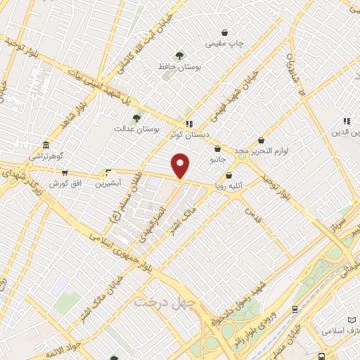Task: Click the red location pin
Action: tap(181, 165)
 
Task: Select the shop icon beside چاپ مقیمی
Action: tap(225, 32)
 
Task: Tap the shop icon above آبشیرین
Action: tap(108, 172)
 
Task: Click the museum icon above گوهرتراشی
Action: tap(46, 145)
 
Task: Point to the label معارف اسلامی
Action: tap(340, 329)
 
